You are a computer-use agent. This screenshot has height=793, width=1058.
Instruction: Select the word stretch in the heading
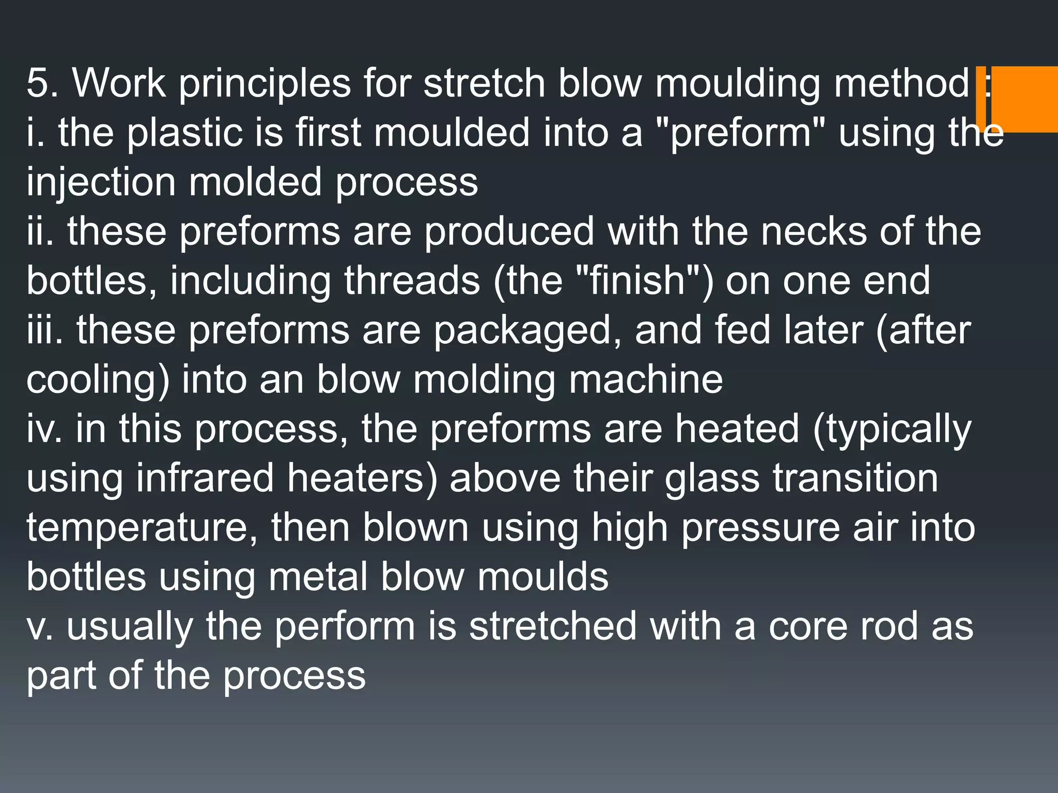tap(484, 83)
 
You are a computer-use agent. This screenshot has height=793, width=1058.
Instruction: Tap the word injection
tap(101, 182)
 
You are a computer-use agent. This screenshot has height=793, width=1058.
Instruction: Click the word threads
tap(412, 281)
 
